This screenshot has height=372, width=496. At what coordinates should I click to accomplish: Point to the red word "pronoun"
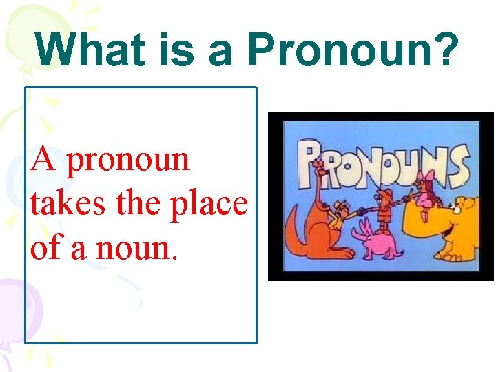tap(129, 161)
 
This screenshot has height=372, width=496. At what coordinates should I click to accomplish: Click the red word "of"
tap(46, 247)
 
